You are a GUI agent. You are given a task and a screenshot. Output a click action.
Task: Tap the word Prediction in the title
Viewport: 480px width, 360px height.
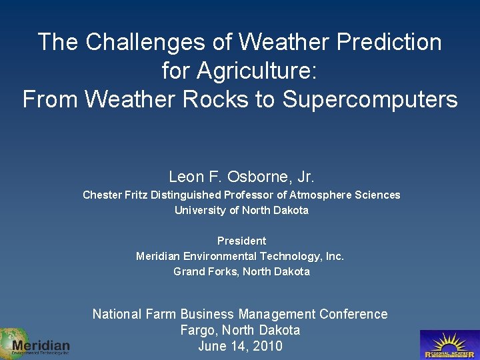click(x=389, y=42)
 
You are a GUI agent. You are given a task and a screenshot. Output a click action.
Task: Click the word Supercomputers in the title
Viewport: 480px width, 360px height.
click(x=370, y=99)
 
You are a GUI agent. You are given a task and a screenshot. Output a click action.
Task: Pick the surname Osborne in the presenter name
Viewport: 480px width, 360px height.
click(x=253, y=177)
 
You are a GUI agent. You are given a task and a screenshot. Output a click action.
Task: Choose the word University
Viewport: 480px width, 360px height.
click(x=198, y=210)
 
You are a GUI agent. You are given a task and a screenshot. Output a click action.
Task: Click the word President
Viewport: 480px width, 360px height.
click(x=241, y=241)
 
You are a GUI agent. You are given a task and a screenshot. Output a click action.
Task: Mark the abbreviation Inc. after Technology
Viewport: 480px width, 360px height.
click(x=333, y=256)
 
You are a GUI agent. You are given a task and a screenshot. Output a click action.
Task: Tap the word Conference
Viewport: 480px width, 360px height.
click(x=353, y=314)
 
